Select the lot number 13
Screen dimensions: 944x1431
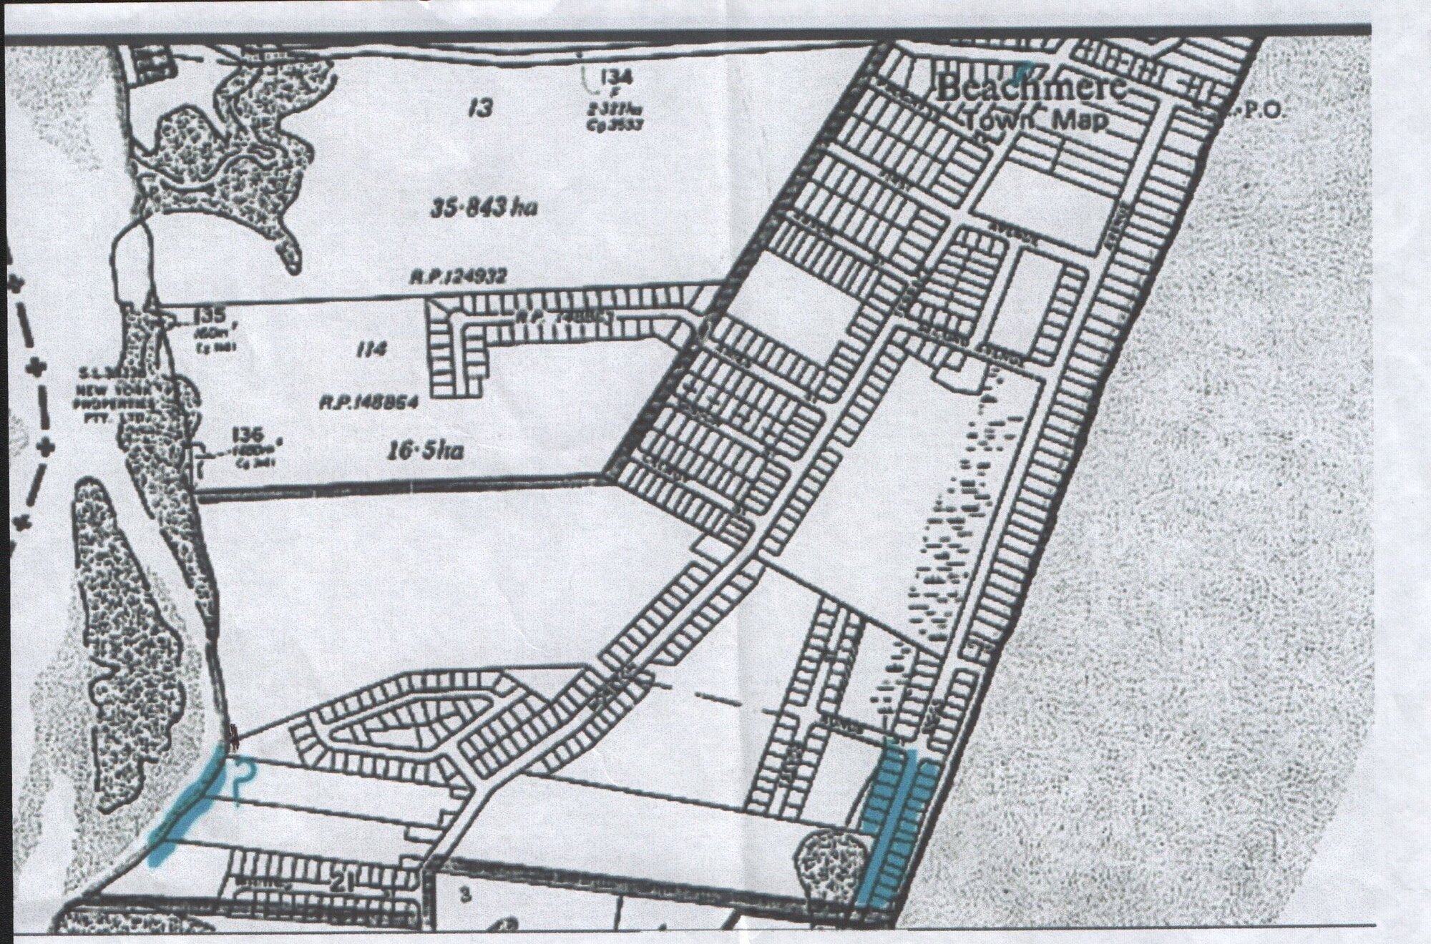(x=480, y=109)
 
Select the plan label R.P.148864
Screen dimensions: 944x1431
(x=368, y=403)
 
